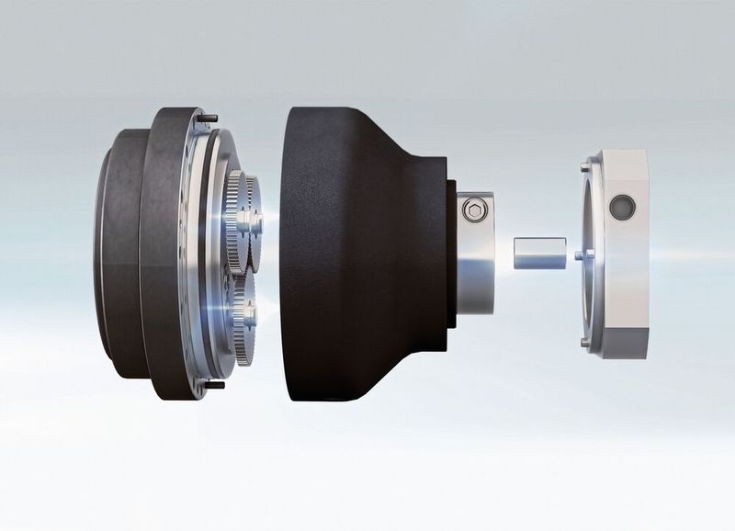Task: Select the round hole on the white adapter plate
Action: coord(622,208)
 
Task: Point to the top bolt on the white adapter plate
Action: coord(585,167)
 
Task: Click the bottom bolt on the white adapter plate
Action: coord(585,342)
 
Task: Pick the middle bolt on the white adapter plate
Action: coord(578,254)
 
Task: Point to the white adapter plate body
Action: coord(625,276)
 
